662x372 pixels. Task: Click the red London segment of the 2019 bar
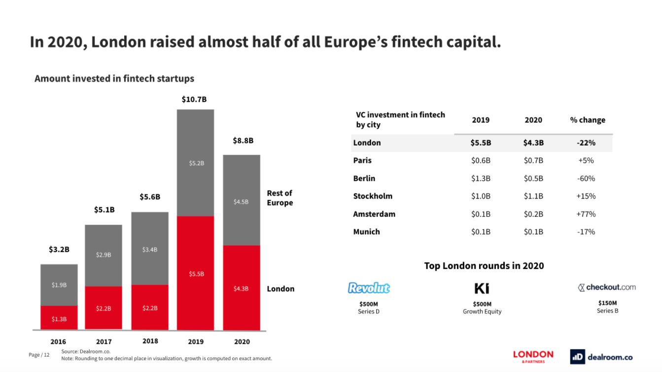point(195,273)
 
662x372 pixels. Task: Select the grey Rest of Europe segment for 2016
point(59,285)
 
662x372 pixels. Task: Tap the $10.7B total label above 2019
point(194,99)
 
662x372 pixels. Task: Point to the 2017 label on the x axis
point(104,341)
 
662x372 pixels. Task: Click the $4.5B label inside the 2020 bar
point(241,201)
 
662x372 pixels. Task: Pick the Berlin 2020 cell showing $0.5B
point(533,178)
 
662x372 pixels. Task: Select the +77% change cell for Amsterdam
point(586,214)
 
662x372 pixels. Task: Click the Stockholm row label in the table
point(373,196)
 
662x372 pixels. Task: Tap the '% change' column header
point(588,120)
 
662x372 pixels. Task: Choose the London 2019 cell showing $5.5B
point(481,143)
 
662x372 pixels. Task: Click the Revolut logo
point(369,288)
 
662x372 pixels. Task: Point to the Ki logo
point(482,288)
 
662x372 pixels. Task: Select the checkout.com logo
point(607,287)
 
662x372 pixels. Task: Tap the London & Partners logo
point(533,356)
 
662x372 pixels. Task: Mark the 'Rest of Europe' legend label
point(279,198)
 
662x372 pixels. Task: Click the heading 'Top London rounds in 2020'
point(484,266)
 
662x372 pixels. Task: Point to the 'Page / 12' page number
point(39,355)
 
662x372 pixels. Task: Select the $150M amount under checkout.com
point(607,303)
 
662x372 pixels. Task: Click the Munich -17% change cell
point(586,231)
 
